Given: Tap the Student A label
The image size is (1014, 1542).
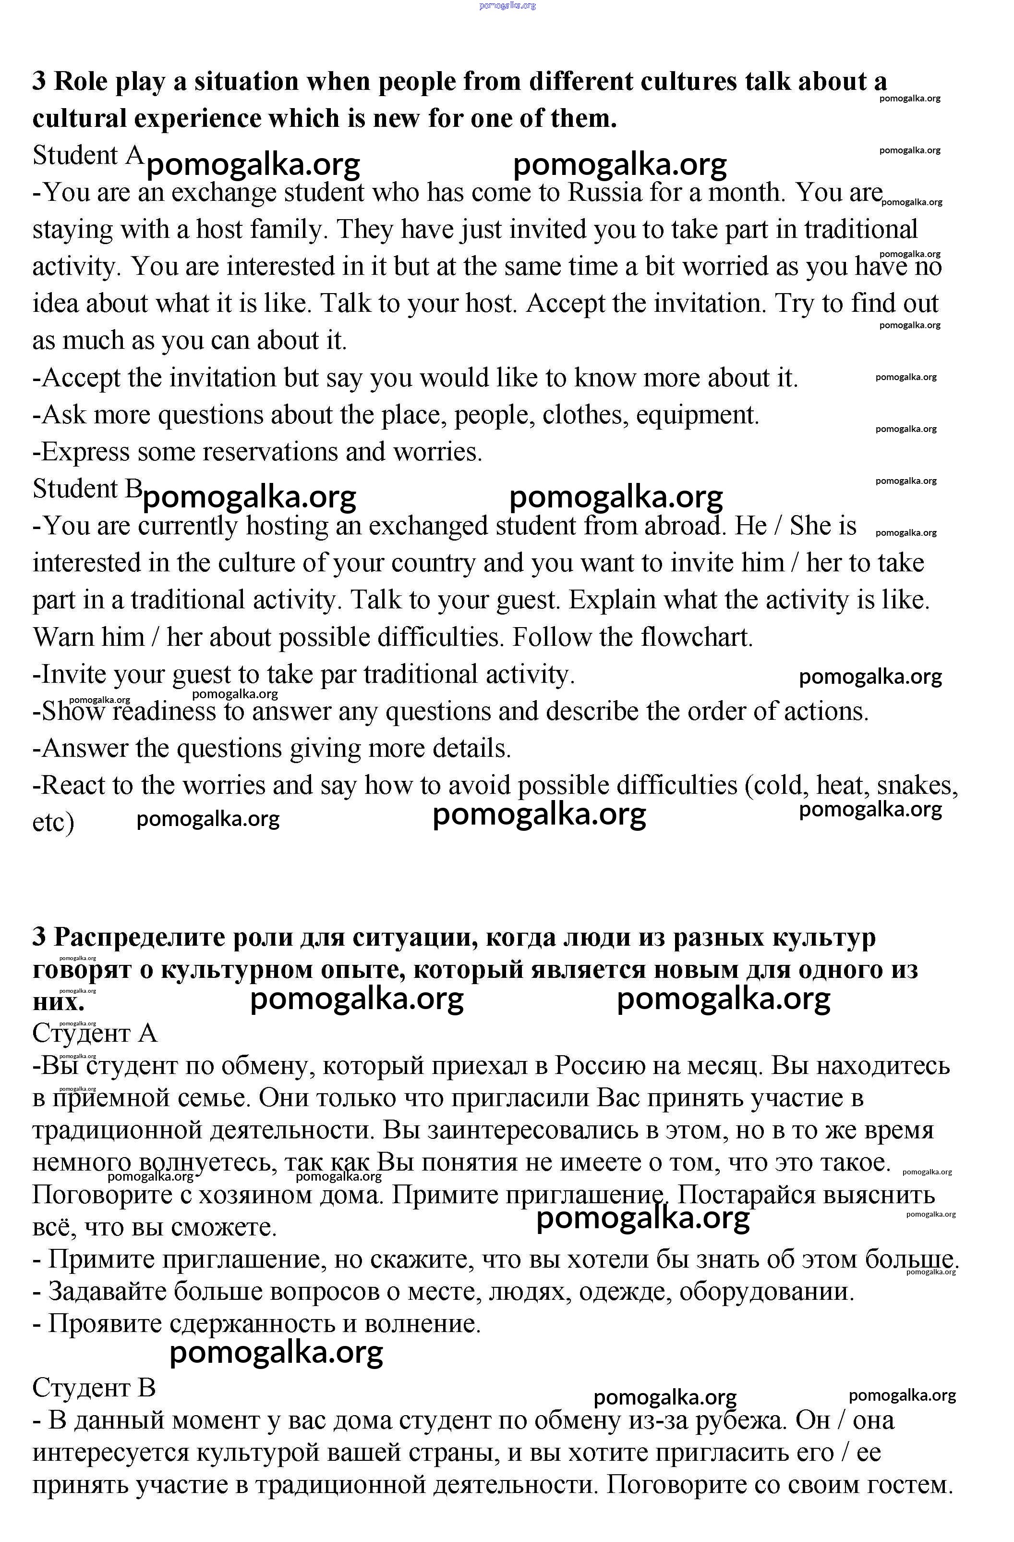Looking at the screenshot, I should tap(88, 156).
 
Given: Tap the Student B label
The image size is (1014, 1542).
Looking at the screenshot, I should tap(87, 489).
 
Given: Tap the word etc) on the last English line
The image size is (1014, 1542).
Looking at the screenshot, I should tap(53, 822).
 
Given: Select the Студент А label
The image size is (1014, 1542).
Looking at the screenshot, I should tap(95, 1033).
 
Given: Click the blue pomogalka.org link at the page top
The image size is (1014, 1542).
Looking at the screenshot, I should tap(507, 5).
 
